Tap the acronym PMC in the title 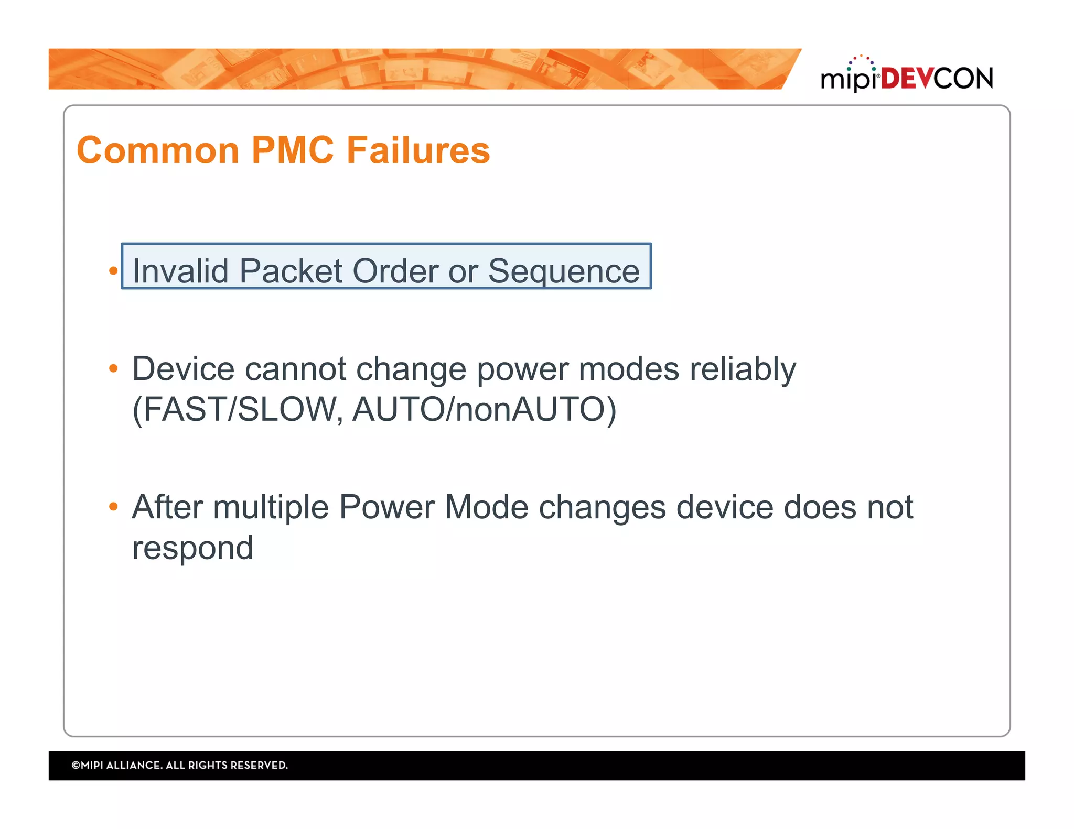click(293, 150)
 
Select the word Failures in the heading click(418, 150)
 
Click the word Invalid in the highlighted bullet click(180, 271)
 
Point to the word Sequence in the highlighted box click(564, 271)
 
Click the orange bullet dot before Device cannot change click(113, 369)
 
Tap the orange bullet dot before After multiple click(113, 507)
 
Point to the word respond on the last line click(192, 548)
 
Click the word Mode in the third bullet click(486, 507)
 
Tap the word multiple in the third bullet click(271, 508)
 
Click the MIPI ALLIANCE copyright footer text click(180, 765)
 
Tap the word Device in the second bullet click(183, 369)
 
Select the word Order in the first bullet click(395, 271)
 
